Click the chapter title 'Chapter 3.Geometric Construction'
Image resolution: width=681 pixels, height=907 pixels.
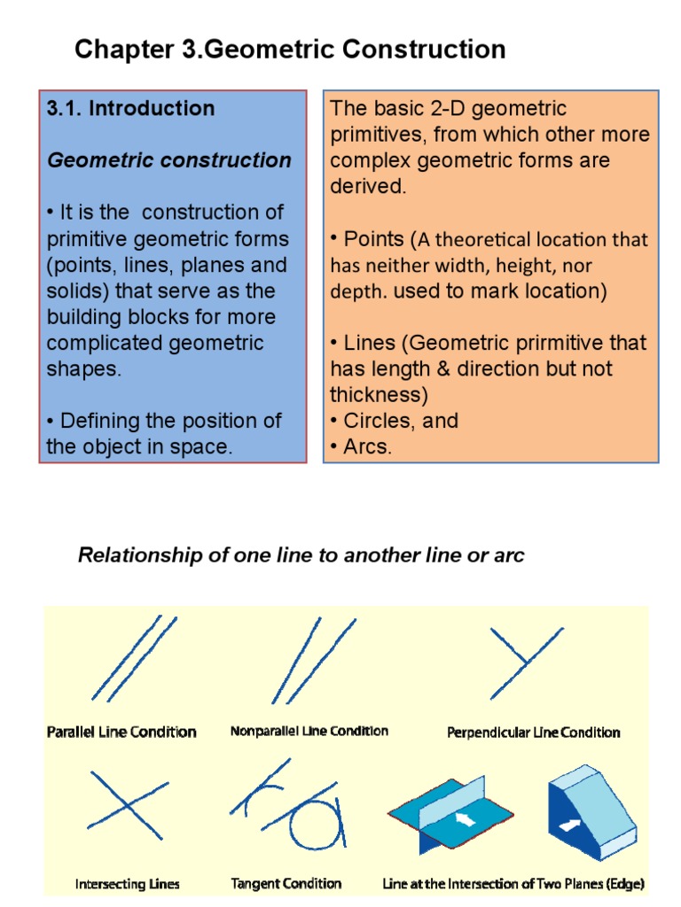click(x=290, y=50)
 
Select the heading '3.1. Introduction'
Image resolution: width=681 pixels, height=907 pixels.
click(x=130, y=109)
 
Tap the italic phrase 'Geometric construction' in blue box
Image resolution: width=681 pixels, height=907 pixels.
click(x=168, y=160)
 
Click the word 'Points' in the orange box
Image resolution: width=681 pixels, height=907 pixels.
click(x=374, y=239)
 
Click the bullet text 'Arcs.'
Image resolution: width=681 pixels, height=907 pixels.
click(x=367, y=446)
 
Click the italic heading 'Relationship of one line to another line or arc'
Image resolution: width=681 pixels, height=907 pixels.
click(x=301, y=555)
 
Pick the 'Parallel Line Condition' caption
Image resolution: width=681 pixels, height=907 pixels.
click(x=121, y=732)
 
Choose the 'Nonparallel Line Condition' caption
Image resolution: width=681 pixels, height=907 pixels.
click(x=309, y=732)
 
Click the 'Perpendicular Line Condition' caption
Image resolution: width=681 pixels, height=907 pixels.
click(x=533, y=733)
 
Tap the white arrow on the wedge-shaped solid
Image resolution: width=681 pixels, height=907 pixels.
click(x=568, y=824)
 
